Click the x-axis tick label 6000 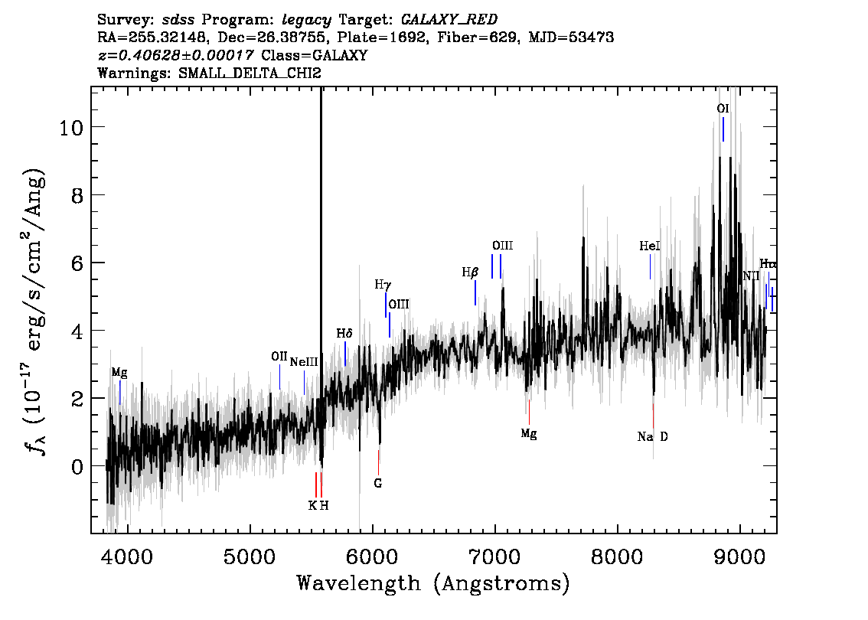pyautogui.click(x=373, y=557)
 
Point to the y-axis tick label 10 pyautogui.click(x=71, y=128)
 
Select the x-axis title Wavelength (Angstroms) pyautogui.click(x=433, y=583)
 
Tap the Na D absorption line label pyautogui.click(x=653, y=437)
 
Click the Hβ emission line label pyautogui.click(x=469, y=272)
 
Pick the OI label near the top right pyautogui.click(x=723, y=109)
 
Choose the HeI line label pyautogui.click(x=650, y=246)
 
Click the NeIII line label pyautogui.click(x=304, y=362)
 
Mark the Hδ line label pyautogui.click(x=344, y=333)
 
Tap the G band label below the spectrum pyautogui.click(x=378, y=483)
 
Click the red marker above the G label pyautogui.click(x=379, y=463)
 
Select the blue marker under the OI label pyautogui.click(x=723, y=129)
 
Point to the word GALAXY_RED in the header pyautogui.click(x=449, y=20)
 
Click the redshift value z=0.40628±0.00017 pyautogui.click(x=175, y=55)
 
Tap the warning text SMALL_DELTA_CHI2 pyautogui.click(x=250, y=73)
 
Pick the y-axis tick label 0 pyautogui.click(x=77, y=467)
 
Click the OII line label pyautogui.click(x=279, y=357)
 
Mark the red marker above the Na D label pyautogui.click(x=653, y=416)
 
